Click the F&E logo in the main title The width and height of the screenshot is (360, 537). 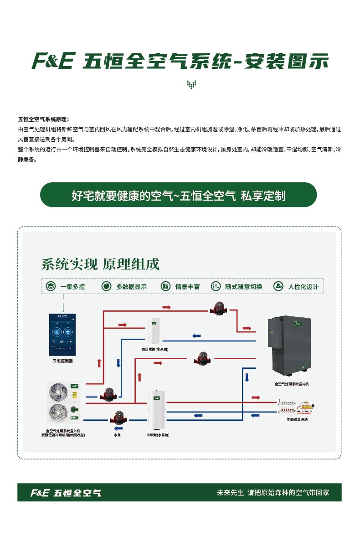click(52, 61)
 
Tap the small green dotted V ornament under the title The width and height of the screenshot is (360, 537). click(191, 85)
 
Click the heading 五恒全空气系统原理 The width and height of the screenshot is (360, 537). click(43, 119)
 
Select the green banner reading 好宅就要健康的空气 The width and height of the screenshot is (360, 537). click(179, 195)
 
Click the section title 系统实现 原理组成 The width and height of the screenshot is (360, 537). click(100, 264)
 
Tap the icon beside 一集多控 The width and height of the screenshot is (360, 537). click(51, 286)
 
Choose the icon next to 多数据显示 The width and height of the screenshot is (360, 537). click(106, 286)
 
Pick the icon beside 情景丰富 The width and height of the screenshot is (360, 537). click(165, 286)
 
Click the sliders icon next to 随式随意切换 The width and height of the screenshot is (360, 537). click(216, 286)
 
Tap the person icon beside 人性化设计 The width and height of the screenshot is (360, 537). click(278, 286)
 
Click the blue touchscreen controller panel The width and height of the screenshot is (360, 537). click(62, 335)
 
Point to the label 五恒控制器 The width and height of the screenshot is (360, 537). click(62, 361)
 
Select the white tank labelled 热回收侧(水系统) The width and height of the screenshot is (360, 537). click(154, 331)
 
